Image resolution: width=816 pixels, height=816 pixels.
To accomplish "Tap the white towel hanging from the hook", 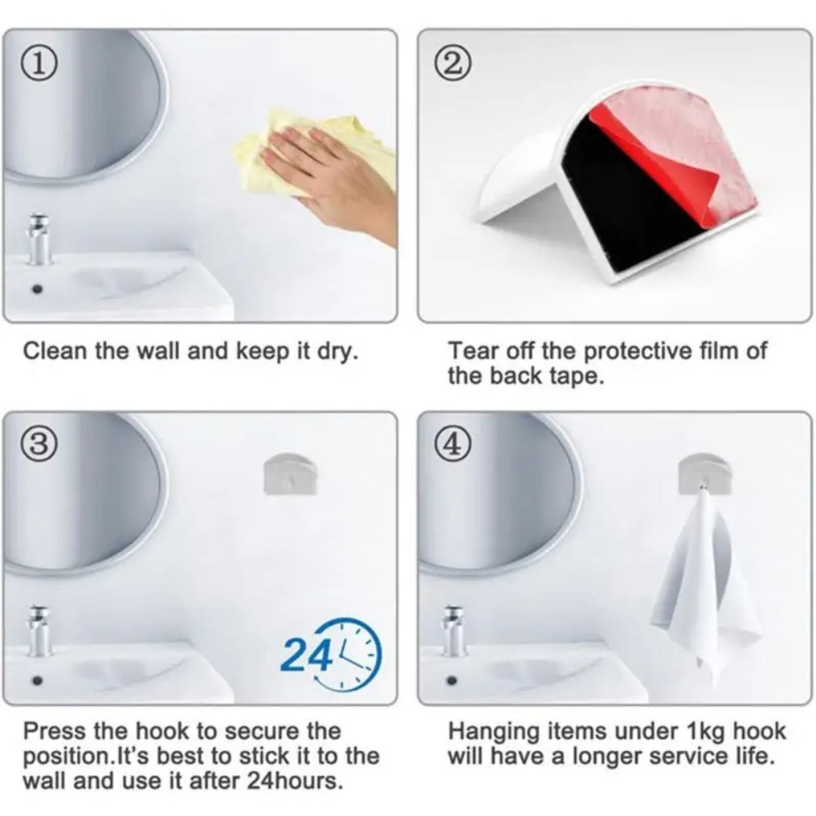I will [706, 586].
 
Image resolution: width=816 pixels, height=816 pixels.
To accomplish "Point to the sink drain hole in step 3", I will [37, 680].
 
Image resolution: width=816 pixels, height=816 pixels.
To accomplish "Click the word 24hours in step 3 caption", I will [294, 781].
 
